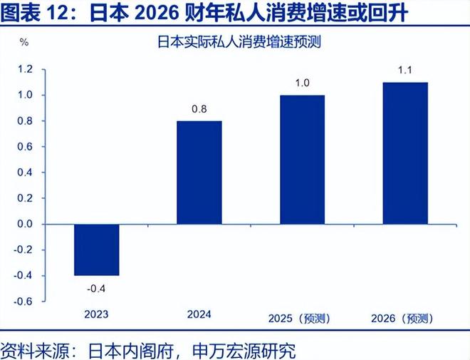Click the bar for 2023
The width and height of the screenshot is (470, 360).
click(x=96, y=250)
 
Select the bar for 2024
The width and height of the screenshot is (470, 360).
click(x=199, y=172)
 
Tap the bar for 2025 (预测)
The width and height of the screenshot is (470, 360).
click(x=301, y=159)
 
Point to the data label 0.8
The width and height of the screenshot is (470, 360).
click(x=199, y=109)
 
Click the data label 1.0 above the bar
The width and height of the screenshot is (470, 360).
click(x=301, y=83)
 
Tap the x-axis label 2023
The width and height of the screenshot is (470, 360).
click(x=96, y=314)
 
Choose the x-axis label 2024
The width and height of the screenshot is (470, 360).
click(x=199, y=314)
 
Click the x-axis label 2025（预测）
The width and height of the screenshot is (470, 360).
click(x=301, y=319)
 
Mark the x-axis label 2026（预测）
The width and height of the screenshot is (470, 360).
click(x=404, y=319)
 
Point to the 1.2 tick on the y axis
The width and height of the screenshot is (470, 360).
click(x=26, y=69)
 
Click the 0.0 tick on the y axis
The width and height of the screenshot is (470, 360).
click(x=26, y=224)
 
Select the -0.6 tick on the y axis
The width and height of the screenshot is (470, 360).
click(x=24, y=301)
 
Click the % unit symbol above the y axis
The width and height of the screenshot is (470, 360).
click(x=23, y=41)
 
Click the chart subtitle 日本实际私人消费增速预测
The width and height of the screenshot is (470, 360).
click(x=240, y=41)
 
